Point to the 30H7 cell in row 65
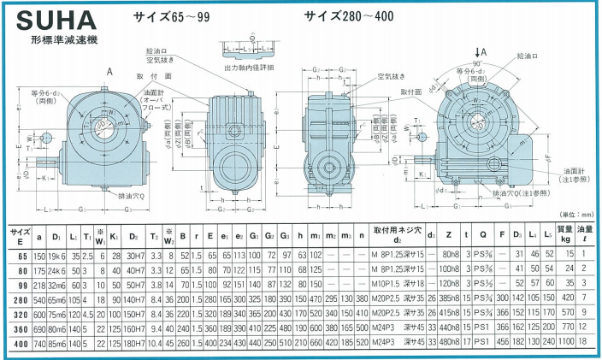pyautogui.click(x=134, y=255)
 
